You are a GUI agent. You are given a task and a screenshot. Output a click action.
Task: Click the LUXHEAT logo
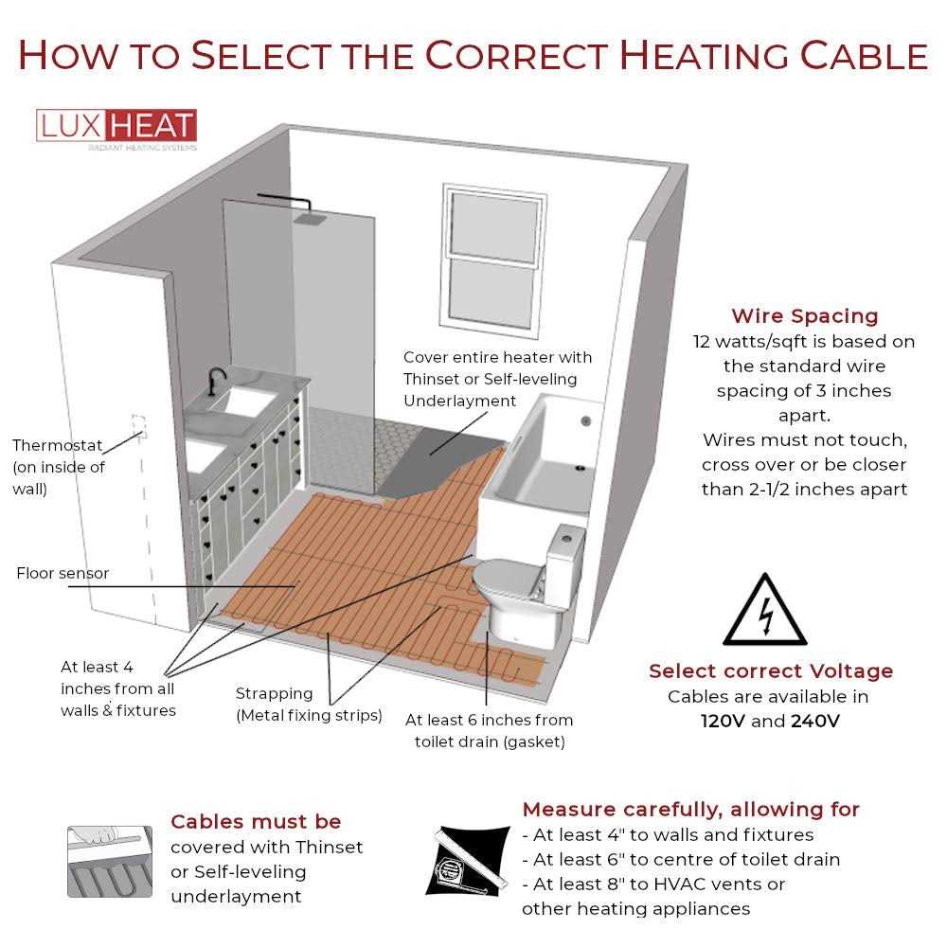[x=116, y=127]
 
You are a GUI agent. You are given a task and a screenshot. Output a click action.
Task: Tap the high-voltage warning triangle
[x=765, y=612]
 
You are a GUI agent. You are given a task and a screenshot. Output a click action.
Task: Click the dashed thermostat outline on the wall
[x=138, y=423]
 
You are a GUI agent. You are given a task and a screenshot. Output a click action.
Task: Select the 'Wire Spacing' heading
[x=804, y=316]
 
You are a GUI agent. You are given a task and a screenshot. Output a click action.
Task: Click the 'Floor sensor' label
[x=63, y=573]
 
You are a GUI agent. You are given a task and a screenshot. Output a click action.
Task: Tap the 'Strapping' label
[x=275, y=694]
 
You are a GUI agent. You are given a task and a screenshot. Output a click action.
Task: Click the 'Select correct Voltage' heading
[x=770, y=671]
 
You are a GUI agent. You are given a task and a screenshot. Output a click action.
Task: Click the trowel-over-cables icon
[x=110, y=860]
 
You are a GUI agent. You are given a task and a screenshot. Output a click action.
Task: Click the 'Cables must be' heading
[x=256, y=821]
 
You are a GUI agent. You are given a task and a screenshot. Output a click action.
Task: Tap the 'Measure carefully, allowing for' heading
[x=690, y=810]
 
